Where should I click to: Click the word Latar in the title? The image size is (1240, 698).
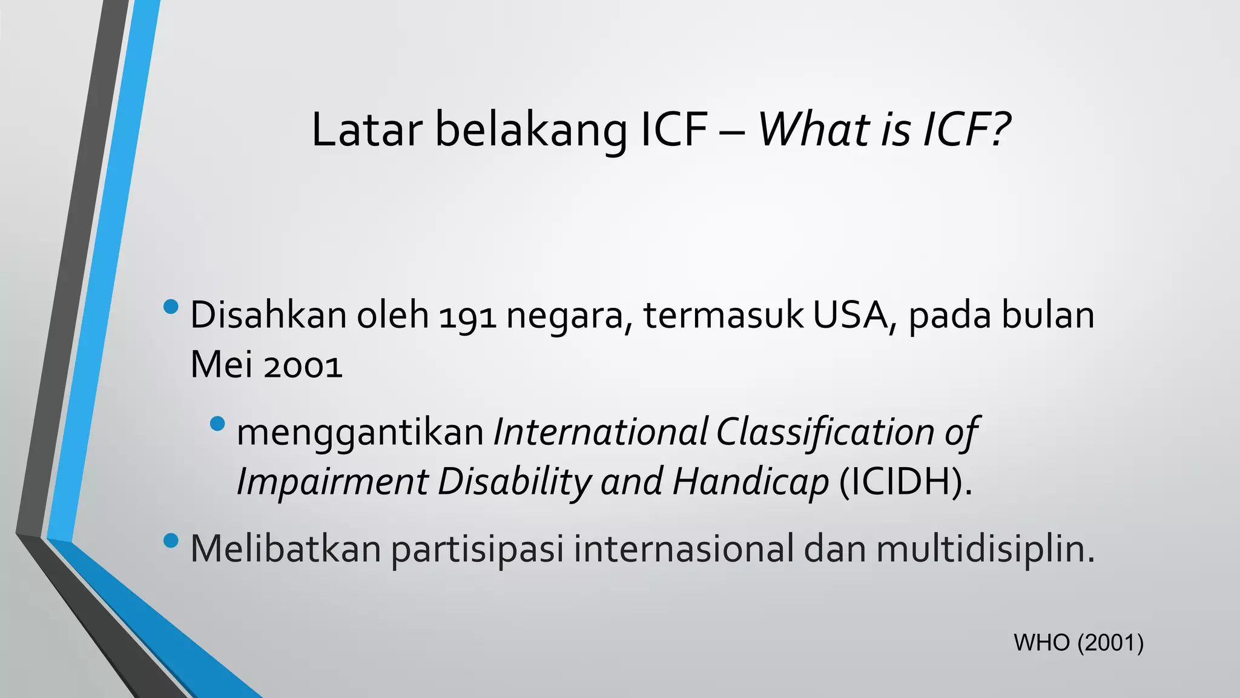[366, 130]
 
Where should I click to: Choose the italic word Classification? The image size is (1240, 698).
[826, 433]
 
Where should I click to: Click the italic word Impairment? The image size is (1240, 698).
[332, 482]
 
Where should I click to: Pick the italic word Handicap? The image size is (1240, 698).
[750, 482]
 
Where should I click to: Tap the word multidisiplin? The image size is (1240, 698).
[985, 549]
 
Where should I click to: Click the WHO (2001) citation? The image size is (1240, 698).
[1078, 643]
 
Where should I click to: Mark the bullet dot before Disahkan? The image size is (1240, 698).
[171, 307]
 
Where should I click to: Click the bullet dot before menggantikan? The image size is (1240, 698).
[217, 424]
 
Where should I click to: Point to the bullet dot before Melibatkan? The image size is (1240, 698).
[171, 539]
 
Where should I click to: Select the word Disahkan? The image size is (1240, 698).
[268, 316]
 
